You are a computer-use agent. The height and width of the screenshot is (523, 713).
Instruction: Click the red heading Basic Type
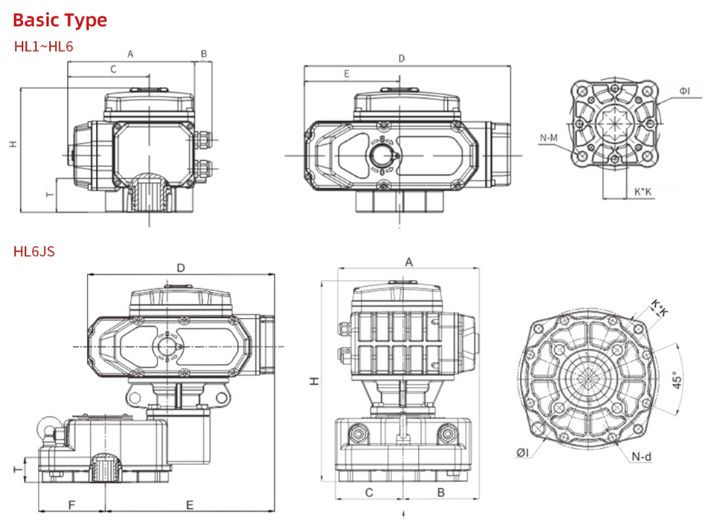(60, 20)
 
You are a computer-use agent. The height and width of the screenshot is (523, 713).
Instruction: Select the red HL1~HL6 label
(44, 46)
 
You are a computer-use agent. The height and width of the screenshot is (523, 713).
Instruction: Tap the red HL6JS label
(34, 252)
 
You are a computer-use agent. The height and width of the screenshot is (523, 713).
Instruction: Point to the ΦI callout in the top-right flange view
(684, 91)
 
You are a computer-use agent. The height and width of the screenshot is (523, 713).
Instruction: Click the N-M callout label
(548, 137)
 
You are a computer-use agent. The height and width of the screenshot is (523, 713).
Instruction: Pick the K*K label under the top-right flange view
(642, 192)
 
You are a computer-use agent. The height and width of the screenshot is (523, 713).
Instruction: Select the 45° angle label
(677, 380)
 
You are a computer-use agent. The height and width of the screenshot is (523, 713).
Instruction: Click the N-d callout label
(642, 456)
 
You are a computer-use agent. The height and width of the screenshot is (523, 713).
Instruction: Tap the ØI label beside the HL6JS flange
(522, 452)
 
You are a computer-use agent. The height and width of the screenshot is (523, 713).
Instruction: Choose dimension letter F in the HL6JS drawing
(71, 505)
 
